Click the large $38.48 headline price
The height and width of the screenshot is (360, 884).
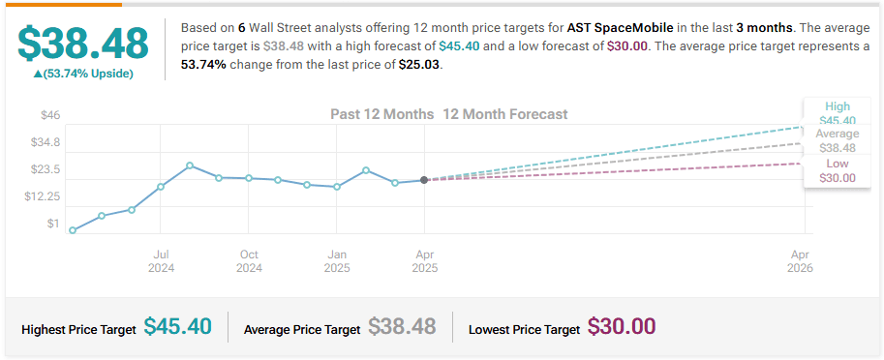click(x=83, y=44)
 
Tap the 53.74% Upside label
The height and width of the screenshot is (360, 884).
click(x=83, y=74)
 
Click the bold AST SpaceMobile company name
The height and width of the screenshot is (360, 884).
click(x=620, y=28)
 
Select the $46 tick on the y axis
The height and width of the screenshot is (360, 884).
click(x=50, y=115)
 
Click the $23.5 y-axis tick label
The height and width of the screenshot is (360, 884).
click(x=46, y=169)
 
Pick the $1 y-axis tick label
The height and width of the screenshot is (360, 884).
click(x=53, y=224)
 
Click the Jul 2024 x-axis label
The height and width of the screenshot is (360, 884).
click(x=161, y=261)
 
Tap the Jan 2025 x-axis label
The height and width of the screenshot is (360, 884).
click(x=337, y=261)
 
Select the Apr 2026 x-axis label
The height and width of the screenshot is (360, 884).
click(x=801, y=261)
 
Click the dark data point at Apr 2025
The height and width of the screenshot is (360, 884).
click(x=424, y=180)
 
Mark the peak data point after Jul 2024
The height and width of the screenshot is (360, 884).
click(x=190, y=165)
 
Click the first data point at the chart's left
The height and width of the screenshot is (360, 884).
click(x=73, y=230)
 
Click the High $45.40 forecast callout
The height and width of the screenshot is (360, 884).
click(x=838, y=113)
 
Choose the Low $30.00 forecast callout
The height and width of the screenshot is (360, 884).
click(x=838, y=170)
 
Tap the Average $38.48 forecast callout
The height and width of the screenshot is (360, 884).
click(x=838, y=141)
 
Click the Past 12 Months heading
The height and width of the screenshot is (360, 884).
click(x=381, y=114)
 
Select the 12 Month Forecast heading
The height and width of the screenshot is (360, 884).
click(x=505, y=114)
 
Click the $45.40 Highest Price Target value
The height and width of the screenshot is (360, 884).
click(x=177, y=326)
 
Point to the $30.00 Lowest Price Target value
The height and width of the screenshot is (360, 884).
click(x=622, y=326)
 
